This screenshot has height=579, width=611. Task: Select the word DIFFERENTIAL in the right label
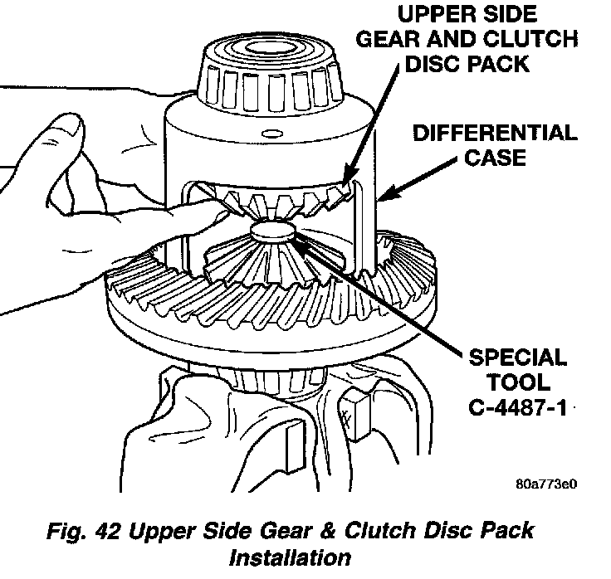[x=493, y=134]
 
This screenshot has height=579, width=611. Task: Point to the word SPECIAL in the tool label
[x=514, y=358]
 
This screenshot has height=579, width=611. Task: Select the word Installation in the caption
[x=290, y=556]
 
